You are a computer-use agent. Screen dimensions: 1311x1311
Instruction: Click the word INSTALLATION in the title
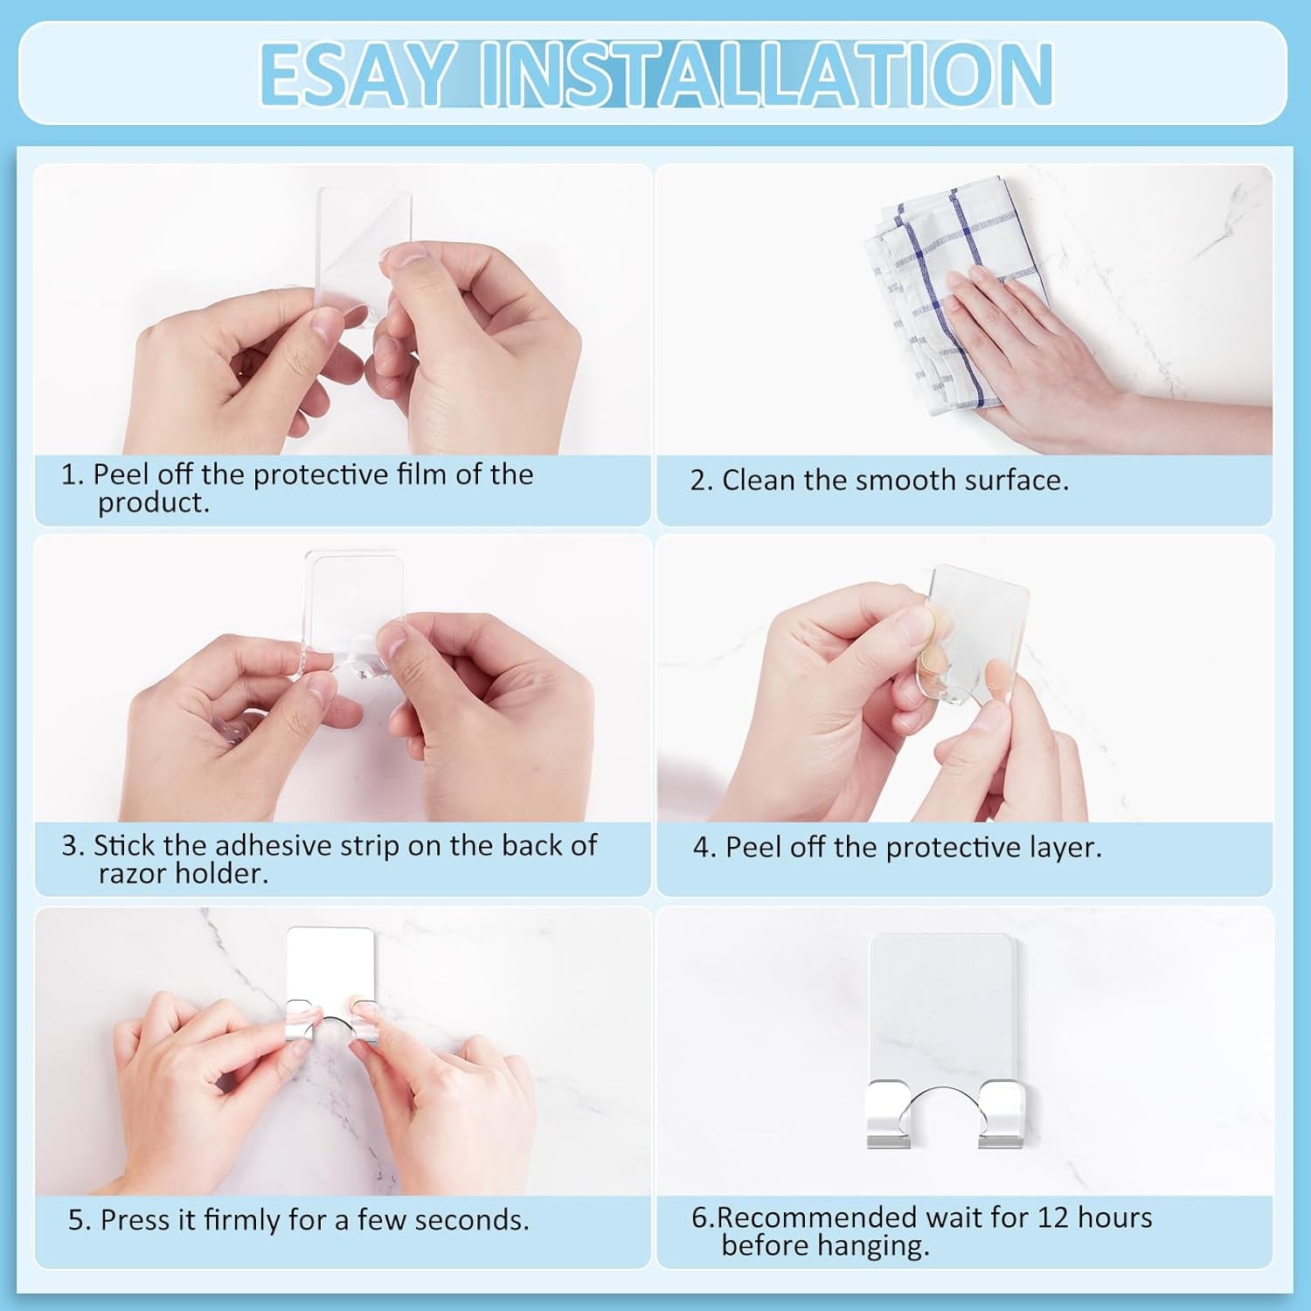tap(766, 74)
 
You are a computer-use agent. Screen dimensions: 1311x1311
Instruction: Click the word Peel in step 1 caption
tap(121, 475)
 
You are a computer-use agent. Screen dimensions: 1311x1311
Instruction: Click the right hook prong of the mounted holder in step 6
tap(1002, 1114)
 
